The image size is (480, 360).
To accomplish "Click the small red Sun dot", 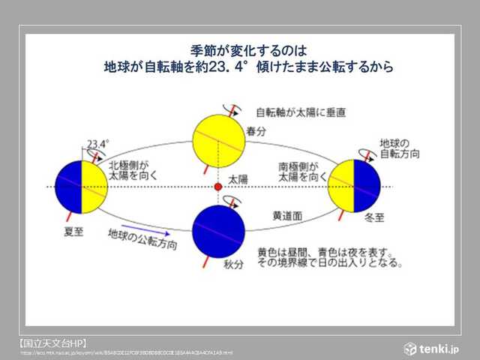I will point(218,185).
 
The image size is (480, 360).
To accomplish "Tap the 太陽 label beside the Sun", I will point(238,180).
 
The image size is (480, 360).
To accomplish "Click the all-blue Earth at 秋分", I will point(218,228).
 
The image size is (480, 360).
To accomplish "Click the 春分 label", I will point(256,130).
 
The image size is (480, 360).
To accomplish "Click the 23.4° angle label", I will point(98,142).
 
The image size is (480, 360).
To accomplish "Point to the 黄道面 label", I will point(286,214).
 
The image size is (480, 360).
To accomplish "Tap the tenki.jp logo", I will point(433,348).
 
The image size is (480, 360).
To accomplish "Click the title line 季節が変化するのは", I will point(248,51).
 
